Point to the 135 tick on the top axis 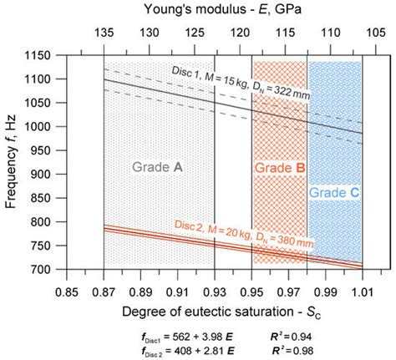[104, 33]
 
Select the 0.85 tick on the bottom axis [66, 292]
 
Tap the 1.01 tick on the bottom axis [362, 292]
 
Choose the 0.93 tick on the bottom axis [215, 292]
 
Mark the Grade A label [157, 166]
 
